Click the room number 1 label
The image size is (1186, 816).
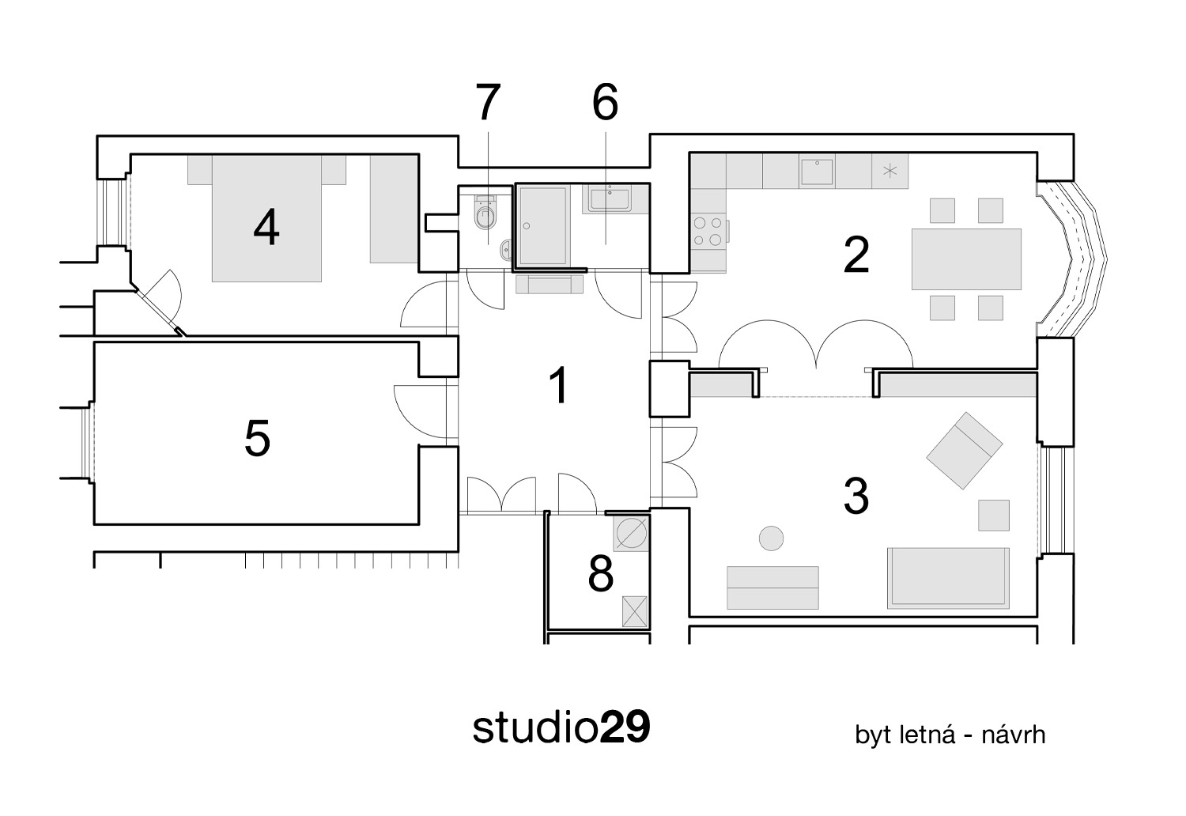point(559,386)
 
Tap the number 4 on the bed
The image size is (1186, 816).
point(266,228)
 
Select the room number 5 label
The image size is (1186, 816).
point(257,438)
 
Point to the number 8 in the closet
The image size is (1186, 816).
point(600,574)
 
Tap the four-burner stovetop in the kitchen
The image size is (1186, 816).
point(708,232)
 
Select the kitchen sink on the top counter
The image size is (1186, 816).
point(817,172)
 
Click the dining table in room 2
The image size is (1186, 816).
point(966,259)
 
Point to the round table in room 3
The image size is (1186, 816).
point(771,538)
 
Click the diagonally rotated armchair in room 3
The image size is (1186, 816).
point(964,450)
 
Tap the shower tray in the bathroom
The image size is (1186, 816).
point(542,225)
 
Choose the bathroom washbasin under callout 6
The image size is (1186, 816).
point(610,199)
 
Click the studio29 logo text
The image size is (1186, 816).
point(561,727)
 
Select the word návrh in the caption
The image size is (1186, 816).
point(1014,735)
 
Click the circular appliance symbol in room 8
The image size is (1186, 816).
point(631,534)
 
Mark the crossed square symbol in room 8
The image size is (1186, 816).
point(635,611)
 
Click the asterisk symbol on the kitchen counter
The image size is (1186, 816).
point(890,171)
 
